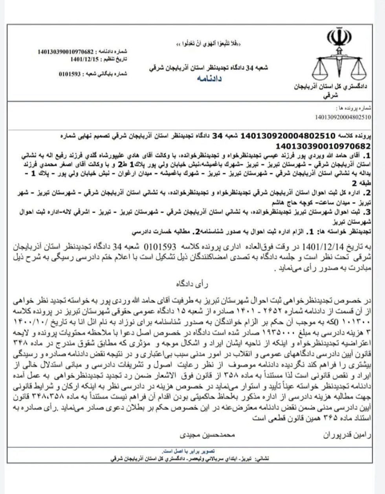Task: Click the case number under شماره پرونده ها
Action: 343,117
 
